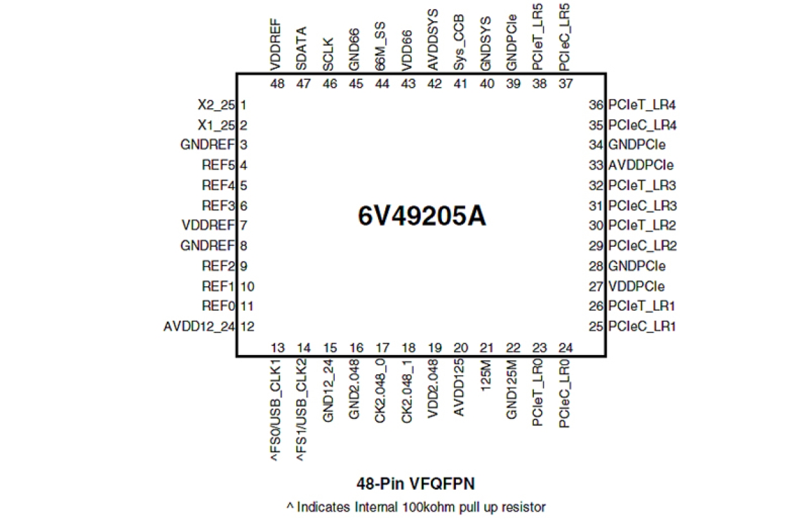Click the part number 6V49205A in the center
tap(422, 216)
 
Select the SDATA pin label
tap(301, 48)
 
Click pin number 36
tap(595, 104)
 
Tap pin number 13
tap(278, 349)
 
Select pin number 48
tap(278, 84)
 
